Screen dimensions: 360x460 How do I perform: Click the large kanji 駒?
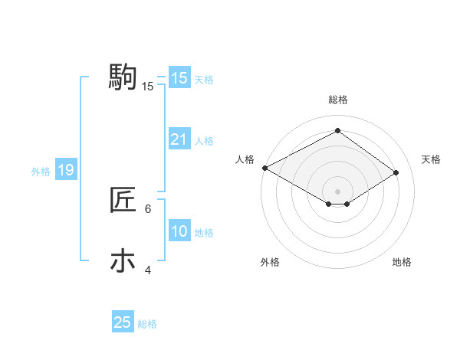click(x=123, y=77)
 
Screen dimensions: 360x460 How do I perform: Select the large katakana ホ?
click(x=123, y=261)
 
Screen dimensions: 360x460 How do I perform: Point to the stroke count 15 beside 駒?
click(x=147, y=87)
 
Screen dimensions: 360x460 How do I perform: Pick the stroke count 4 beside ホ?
click(x=148, y=270)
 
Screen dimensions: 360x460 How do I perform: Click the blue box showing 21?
click(x=179, y=139)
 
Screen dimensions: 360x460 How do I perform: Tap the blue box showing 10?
click(x=179, y=231)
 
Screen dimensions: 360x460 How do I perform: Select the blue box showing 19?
click(x=65, y=170)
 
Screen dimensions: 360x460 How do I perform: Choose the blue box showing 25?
click(x=123, y=322)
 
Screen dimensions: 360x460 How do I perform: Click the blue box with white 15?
click(x=179, y=78)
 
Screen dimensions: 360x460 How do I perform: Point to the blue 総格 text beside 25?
click(x=147, y=324)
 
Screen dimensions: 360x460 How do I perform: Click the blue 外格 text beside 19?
click(x=41, y=172)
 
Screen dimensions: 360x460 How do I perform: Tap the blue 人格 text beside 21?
click(x=204, y=141)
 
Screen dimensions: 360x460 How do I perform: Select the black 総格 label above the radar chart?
click(x=337, y=100)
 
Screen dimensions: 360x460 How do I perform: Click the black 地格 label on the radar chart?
click(x=402, y=263)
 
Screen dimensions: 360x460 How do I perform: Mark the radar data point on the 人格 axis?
click(x=264, y=168)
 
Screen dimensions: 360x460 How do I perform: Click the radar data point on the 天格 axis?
click(x=396, y=173)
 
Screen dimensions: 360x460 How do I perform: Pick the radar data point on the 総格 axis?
click(x=337, y=131)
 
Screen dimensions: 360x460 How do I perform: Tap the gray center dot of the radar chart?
click(x=337, y=190)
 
